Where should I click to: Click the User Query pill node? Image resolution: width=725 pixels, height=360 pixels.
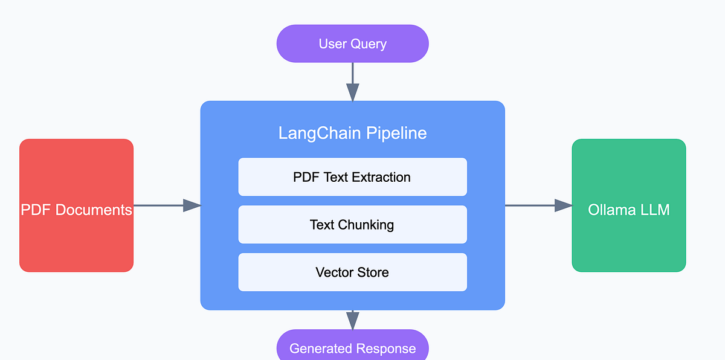tap(352, 43)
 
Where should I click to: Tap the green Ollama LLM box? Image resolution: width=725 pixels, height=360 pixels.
tap(628, 205)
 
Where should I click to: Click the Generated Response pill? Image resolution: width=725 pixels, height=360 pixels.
tap(352, 347)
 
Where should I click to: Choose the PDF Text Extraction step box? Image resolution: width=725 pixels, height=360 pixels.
tap(352, 177)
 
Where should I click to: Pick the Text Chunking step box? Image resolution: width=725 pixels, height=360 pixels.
tap(352, 225)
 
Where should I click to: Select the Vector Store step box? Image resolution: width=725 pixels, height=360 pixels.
tap(352, 272)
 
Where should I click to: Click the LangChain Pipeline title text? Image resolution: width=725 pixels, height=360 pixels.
tap(352, 133)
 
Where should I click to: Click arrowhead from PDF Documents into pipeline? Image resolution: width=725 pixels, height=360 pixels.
tap(192, 205)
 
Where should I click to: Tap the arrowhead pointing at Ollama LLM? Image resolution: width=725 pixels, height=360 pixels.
tap(563, 205)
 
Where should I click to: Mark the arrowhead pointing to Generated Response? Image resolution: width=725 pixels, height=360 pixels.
tap(352, 321)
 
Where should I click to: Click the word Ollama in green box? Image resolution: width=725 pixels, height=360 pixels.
tap(608, 210)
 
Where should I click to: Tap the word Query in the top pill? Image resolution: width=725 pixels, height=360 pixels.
tap(369, 44)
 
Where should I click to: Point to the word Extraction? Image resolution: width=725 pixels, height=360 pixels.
tap(381, 177)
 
